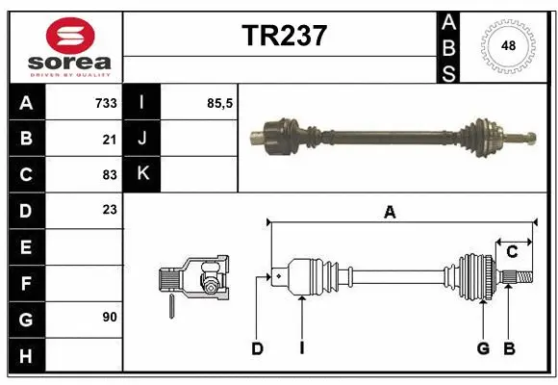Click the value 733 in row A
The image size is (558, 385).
click(105, 103)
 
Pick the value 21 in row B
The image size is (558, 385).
click(109, 139)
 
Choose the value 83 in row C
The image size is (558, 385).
click(109, 175)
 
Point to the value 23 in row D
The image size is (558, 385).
click(109, 210)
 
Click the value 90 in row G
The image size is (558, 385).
click(109, 317)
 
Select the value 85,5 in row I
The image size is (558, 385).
click(219, 103)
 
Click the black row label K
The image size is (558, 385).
click(142, 174)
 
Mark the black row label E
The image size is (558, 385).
click(26, 246)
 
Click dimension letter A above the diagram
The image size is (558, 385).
click(390, 213)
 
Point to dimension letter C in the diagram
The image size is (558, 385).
click(512, 252)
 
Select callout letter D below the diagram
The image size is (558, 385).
click(257, 348)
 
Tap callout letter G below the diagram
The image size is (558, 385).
click(483, 348)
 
